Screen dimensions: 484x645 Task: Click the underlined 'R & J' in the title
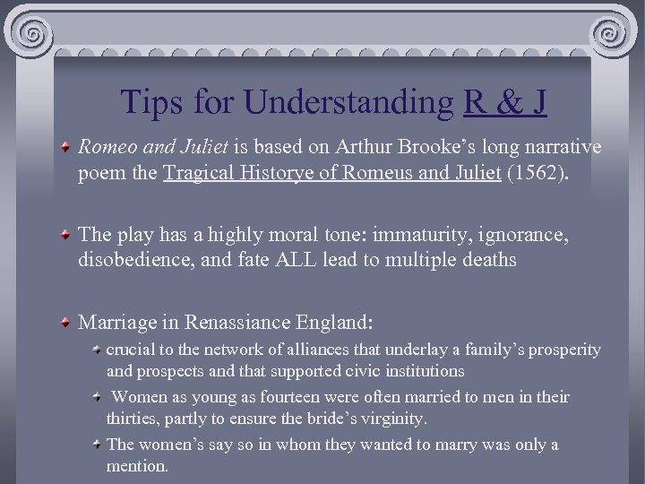(505, 102)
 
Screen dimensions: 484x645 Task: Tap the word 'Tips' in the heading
(151, 102)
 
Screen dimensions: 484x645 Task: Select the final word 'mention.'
(137, 466)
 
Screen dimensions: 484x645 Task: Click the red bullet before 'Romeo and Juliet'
(67, 146)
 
